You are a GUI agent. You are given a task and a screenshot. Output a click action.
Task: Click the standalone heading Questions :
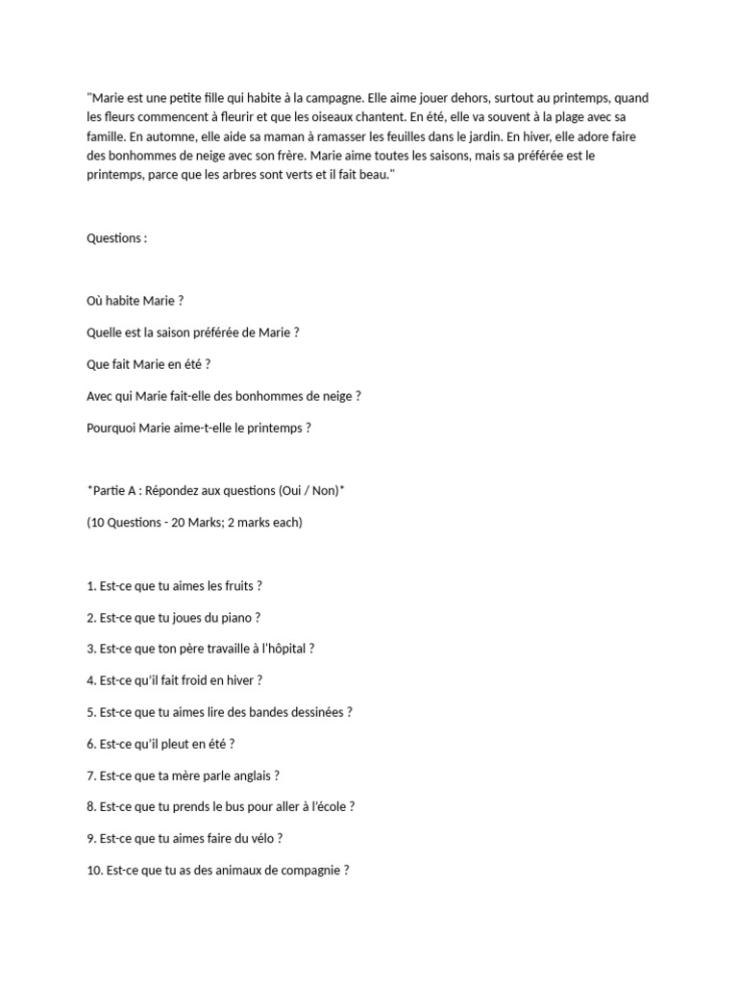(116, 238)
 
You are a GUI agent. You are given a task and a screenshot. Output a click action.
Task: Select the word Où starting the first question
(94, 301)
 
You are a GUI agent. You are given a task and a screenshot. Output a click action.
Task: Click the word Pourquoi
(111, 428)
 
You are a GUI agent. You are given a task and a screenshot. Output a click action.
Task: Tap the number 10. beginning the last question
(94, 871)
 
